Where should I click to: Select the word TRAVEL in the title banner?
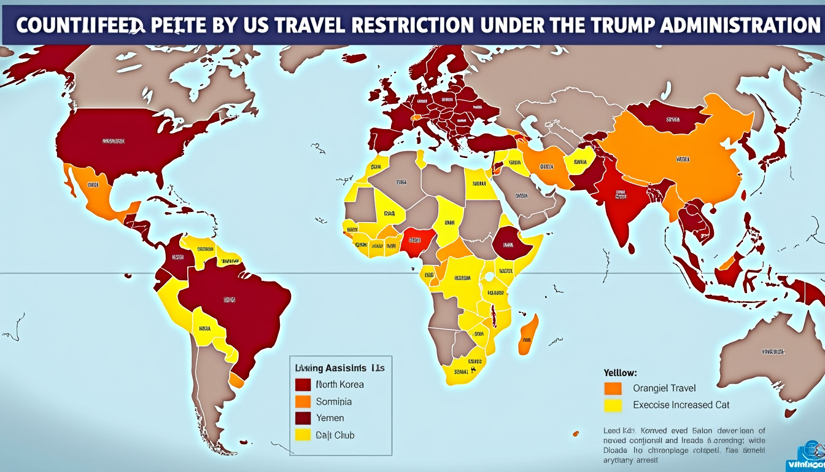tap(319, 26)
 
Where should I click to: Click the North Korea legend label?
tap(339, 385)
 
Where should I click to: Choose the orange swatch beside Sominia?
tap(303, 401)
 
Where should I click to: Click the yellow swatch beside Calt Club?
tap(303, 435)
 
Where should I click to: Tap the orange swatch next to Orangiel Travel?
tap(613, 388)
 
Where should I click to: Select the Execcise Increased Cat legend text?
tap(681, 405)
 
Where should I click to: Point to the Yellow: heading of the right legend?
tap(621, 372)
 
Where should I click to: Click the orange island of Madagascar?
tap(528, 335)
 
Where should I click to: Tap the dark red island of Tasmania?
tap(790, 413)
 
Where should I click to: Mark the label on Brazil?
tap(229, 300)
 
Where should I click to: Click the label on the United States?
tap(113, 141)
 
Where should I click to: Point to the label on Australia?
tap(772, 352)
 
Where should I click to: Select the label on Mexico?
tap(93, 184)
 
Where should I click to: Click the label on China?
tap(683, 158)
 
